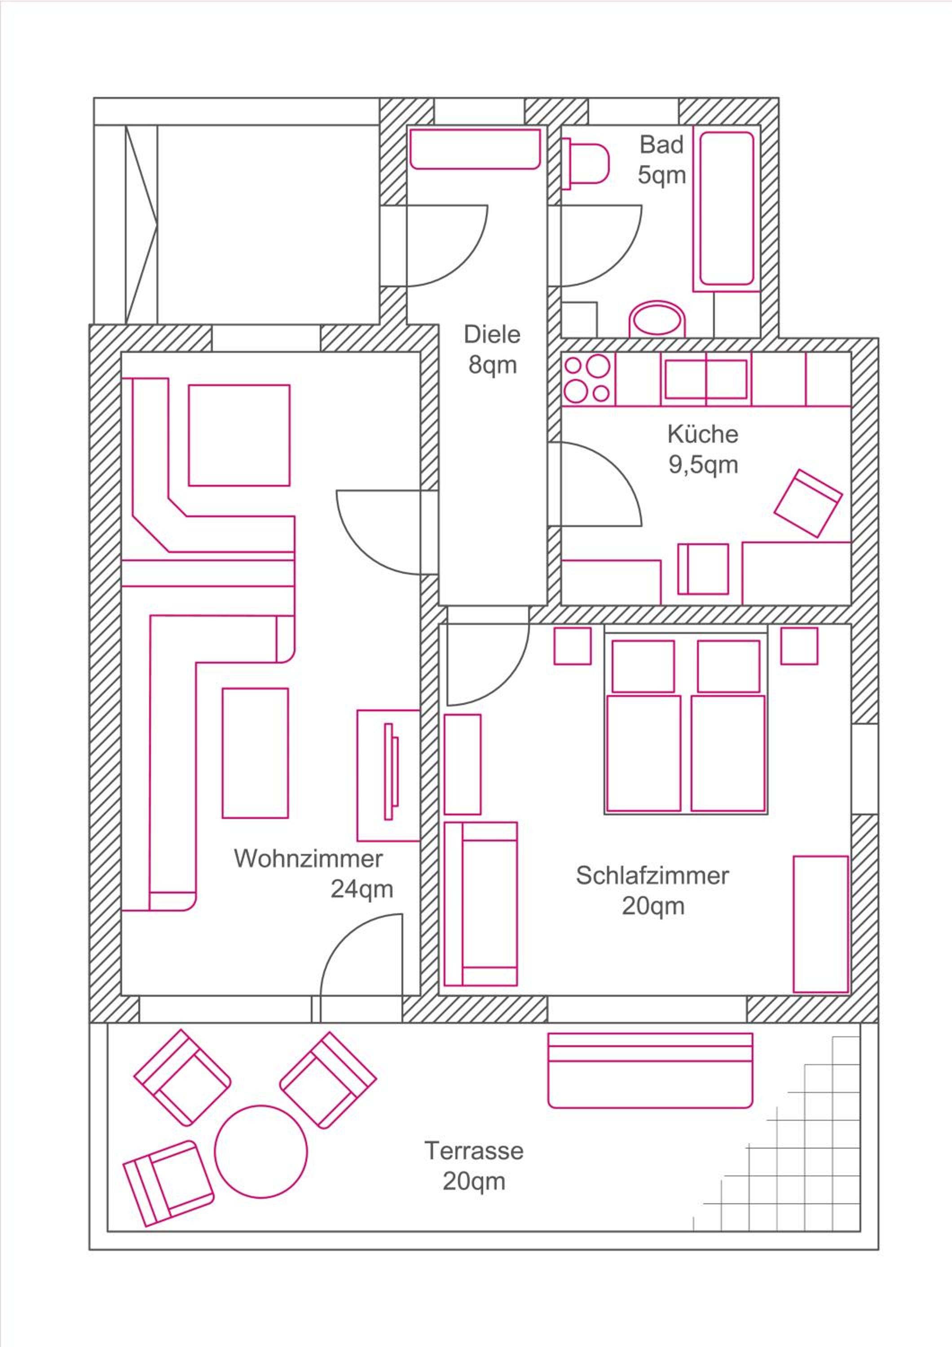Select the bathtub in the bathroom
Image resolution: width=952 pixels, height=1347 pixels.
point(727,208)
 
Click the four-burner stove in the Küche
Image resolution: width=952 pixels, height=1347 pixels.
point(588,379)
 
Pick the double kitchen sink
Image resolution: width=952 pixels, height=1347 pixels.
point(706,379)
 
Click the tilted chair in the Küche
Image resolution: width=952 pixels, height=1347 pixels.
point(808,503)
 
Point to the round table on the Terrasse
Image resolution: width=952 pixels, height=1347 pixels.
point(261,1151)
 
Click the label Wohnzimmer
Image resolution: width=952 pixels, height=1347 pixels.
point(308,859)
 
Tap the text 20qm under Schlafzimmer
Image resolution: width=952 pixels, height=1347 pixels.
point(653,907)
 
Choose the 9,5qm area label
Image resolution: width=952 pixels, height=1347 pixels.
point(703,465)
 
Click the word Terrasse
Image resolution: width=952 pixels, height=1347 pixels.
point(474,1151)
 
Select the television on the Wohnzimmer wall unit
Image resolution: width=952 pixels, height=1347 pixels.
point(391,771)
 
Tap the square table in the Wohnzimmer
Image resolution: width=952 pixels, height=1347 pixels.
point(239,436)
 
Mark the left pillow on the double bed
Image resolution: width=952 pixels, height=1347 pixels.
point(643,666)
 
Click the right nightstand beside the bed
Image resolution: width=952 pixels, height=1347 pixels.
point(799,646)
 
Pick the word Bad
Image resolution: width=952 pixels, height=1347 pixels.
point(661,144)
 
